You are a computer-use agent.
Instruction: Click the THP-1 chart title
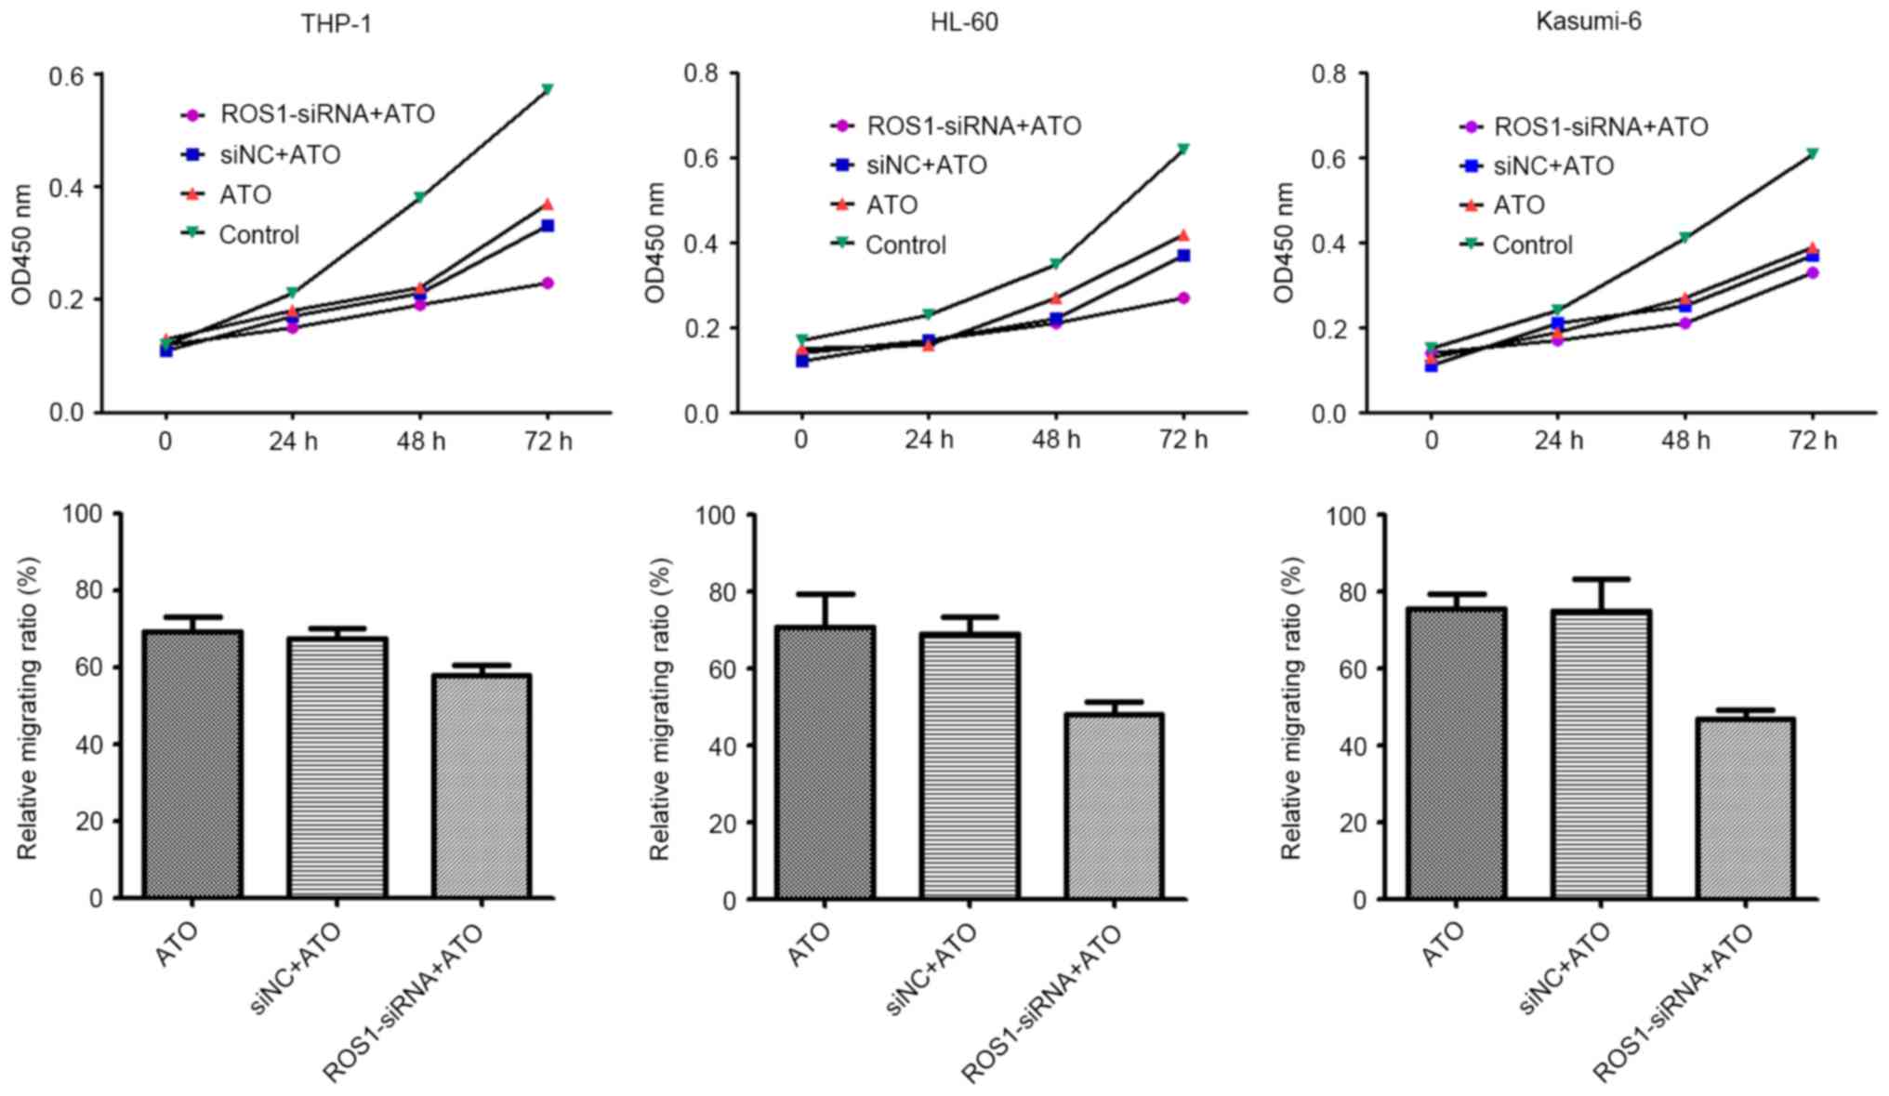(336, 23)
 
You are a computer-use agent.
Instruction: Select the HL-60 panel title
(964, 21)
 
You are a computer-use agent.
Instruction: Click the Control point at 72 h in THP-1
(548, 89)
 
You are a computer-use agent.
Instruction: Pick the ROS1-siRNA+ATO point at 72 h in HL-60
(1183, 297)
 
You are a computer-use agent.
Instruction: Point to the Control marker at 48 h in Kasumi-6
(1684, 238)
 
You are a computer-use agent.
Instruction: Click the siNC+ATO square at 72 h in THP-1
(548, 226)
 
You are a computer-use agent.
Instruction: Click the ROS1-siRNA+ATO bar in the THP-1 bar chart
(481, 786)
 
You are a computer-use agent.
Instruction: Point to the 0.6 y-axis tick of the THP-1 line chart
(65, 74)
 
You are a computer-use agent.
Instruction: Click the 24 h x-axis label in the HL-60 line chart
(929, 439)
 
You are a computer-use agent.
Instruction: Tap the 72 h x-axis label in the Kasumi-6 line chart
(1812, 439)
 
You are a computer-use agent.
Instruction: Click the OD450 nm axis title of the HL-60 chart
(655, 243)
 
